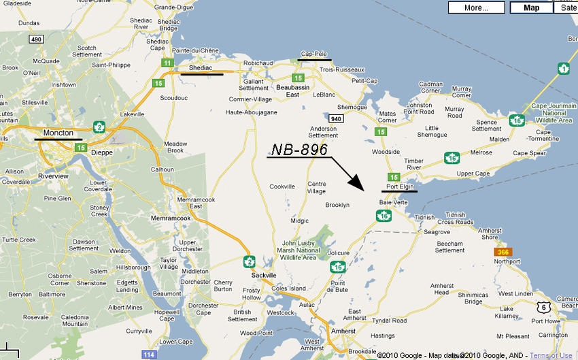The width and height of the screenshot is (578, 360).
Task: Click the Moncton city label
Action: [58, 133]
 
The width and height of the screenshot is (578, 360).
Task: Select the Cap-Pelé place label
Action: [314, 54]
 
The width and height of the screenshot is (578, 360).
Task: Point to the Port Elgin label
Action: [400, 186]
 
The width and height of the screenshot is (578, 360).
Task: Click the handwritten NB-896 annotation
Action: [300, 150]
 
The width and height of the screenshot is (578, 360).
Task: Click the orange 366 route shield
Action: [503, 252]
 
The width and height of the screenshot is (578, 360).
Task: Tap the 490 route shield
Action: [36, 39]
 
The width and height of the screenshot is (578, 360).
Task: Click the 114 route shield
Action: [149, 355]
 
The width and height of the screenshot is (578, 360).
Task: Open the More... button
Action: [476, 8]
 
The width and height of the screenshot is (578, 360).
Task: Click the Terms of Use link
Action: [551, 355]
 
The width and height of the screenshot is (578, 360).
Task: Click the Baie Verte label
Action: [393, 202]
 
